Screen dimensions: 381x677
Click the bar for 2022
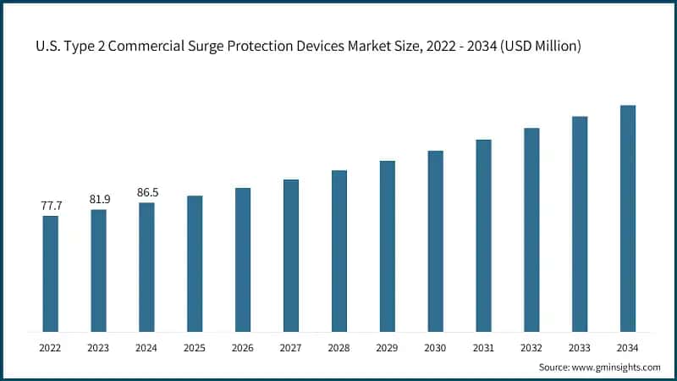click(51, 273)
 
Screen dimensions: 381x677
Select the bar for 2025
click(195, 263)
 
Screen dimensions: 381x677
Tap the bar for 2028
click(339, 251)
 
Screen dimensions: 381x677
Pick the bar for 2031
click(483, 235)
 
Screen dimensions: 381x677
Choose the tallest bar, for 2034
click(628, 218)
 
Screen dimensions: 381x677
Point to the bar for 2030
click(435, 241)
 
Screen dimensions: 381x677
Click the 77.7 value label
click(51, 206)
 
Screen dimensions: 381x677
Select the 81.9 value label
click(99, 199)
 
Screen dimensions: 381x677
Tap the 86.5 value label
click(147, 193)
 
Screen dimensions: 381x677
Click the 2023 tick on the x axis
click(99, 347)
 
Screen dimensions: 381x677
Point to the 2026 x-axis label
click(243, 347)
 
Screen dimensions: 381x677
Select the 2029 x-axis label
click(388, 347)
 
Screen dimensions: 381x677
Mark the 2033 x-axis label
click(580, 347)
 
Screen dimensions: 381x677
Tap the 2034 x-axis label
click(628, 347)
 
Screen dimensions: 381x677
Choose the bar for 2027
click(291, 255)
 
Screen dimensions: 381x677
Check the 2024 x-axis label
click(147, 347)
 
